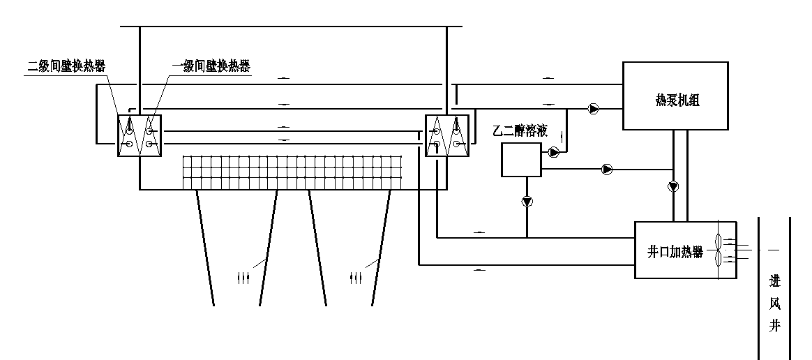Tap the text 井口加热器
[671, 250]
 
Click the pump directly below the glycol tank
[527, 202]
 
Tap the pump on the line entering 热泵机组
[593, 108]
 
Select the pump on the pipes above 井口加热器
[672, 186]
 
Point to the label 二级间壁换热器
[66, 66]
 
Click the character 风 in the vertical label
[774, 304]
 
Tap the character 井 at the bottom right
[774, 325]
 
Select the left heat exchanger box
[140, 135]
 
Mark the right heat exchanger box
[446, 135]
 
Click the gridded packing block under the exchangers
[293, 172]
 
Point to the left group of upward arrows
[243, 278]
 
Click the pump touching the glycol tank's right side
[554, 151]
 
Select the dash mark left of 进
[774, 249]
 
